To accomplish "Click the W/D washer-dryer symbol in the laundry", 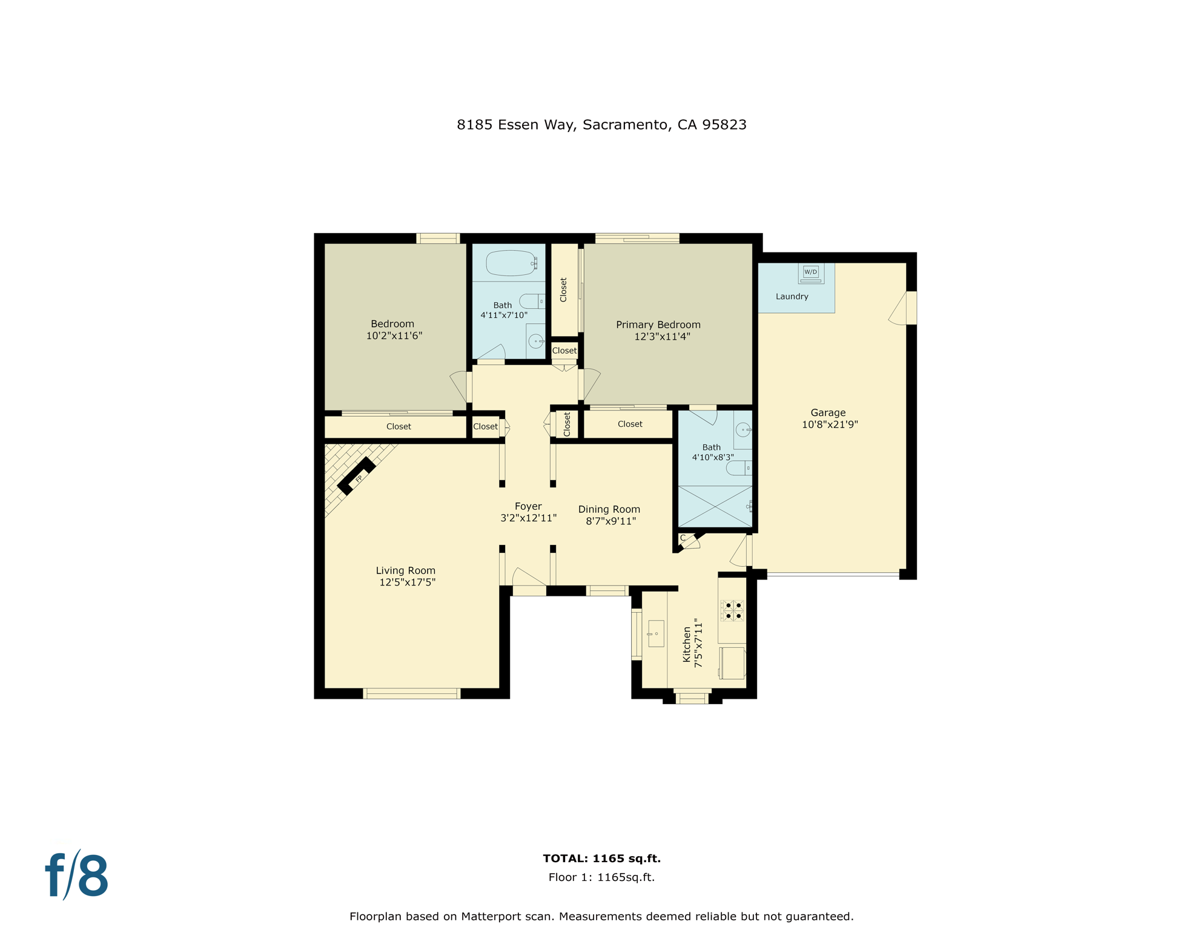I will tap(810, 273).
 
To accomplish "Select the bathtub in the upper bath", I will tap(511, 263).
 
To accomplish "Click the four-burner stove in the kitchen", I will tap(733, 610).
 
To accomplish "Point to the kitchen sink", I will tap(656, 634).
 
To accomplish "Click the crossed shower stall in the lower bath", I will tap(715, 506).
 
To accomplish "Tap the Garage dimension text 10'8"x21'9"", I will tap(830, 424).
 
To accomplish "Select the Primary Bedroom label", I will tap(658, 325).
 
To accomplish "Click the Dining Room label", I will tap(609, 509).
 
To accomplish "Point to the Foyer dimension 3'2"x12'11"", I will tap(528, 518).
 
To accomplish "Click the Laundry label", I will tap(792, 297).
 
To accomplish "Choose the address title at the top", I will tap(601, 125).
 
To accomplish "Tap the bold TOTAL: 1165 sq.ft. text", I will tap(601, 858).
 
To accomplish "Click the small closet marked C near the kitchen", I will tap(683, 538).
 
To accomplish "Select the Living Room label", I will tap(405, 570).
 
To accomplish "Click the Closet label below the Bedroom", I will tap(399, 427).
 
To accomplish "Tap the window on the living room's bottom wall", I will tap(412, 694).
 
